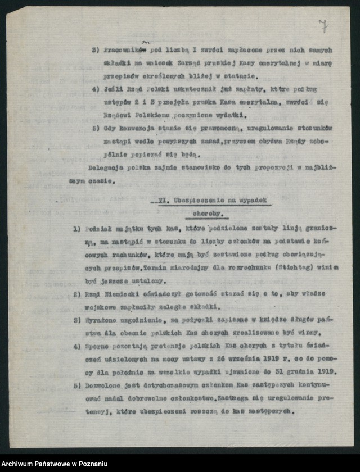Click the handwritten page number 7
pyautogui.click(x=323, y=25)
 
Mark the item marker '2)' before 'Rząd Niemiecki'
pyautogui.click(x=77, y=294)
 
